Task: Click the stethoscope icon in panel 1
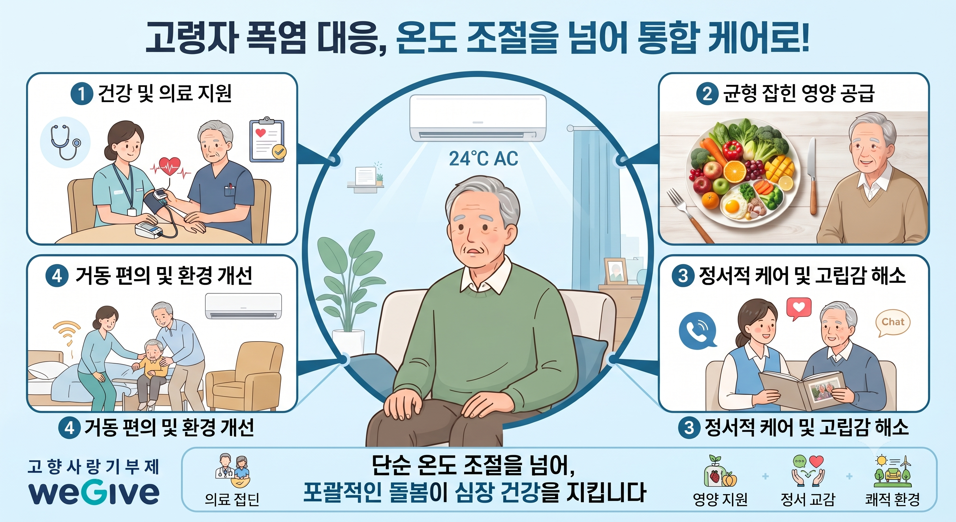(65, 142)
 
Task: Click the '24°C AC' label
(483, 159)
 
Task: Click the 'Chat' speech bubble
(893, 323)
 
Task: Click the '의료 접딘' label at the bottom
(232, 499)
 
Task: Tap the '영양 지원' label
(720, 499)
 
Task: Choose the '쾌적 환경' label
(892, 499)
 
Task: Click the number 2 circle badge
(707, 93)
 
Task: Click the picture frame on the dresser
(615, 271)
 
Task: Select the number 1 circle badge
(81, 93)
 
